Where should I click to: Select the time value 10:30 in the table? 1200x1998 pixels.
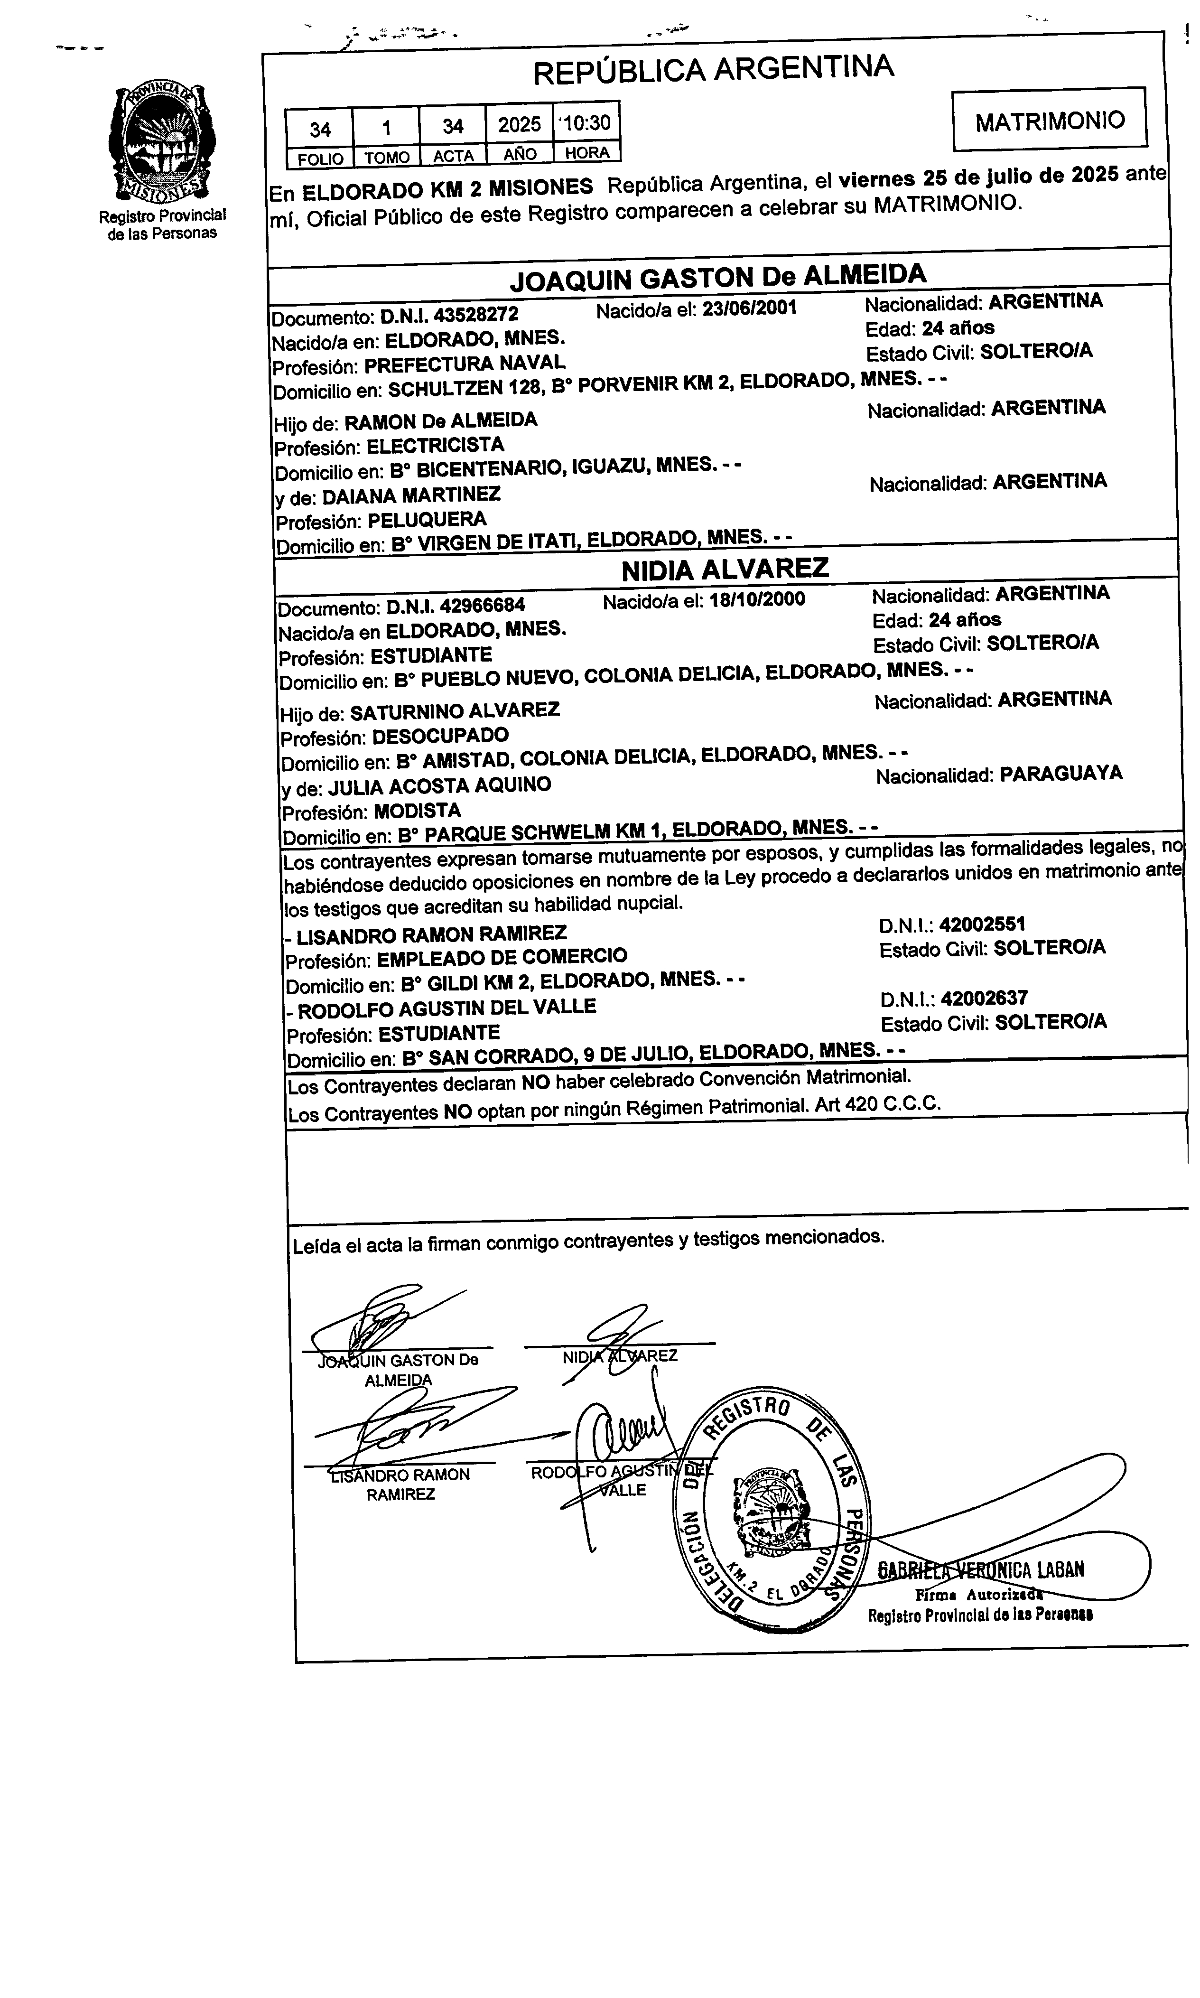[x=587, y=123]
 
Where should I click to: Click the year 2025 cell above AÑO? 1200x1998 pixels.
[x=519, y=124]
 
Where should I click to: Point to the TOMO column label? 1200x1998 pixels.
[x=387, y=158]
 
